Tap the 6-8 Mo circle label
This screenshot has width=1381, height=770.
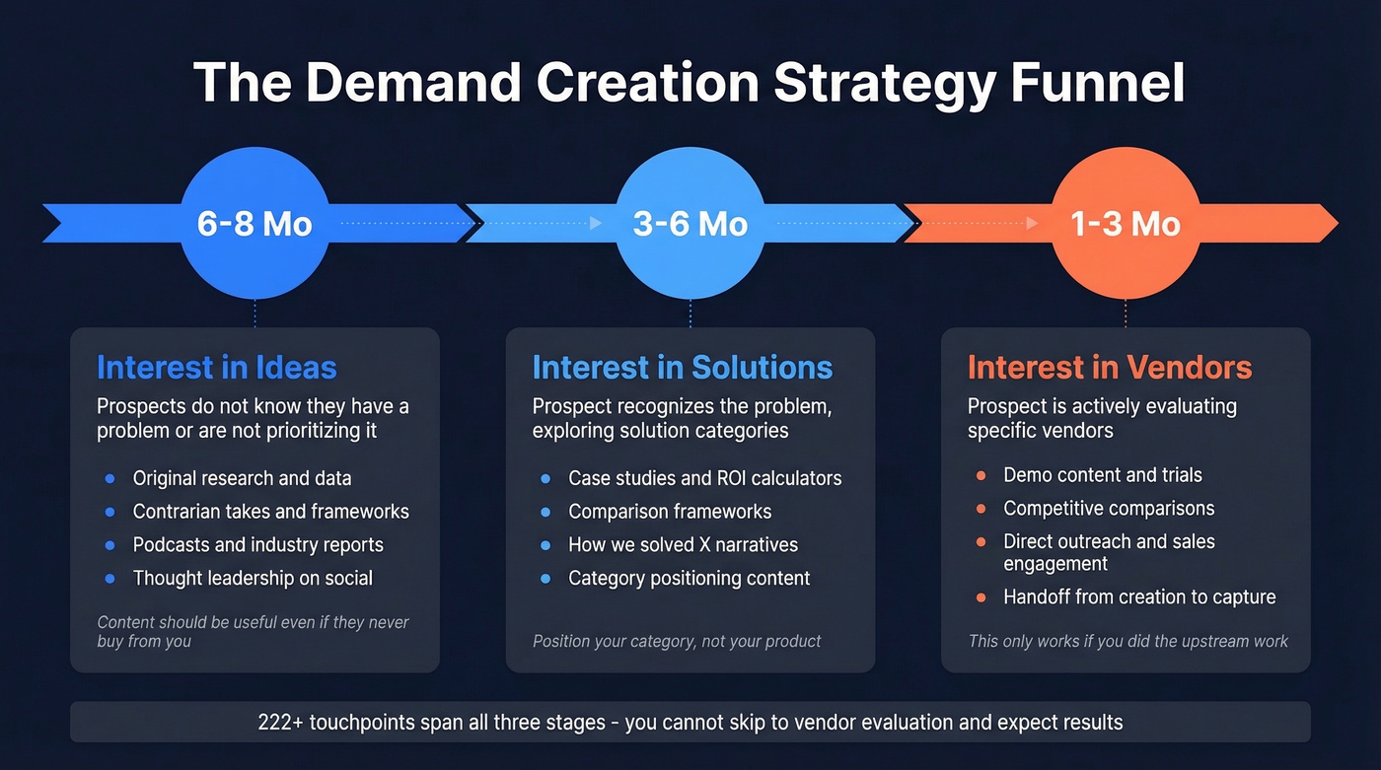point(254,224)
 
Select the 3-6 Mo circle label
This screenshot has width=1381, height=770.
point(690,224)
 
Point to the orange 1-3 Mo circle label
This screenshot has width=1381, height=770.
point(1126,224)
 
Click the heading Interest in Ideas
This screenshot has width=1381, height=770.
point(217,368)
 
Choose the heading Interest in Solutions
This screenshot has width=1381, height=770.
point(683,368)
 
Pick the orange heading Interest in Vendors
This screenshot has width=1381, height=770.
point(1110,368)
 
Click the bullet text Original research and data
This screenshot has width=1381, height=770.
point(242,478)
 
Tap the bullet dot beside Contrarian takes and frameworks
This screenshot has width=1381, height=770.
point(109,512)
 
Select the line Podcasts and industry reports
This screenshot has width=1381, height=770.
point(257,544)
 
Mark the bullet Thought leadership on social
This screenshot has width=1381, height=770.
point(253,578)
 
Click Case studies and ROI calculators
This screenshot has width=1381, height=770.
point(704,478)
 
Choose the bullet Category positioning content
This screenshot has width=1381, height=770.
point(689,578)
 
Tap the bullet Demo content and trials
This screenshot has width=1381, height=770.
point(1102,475)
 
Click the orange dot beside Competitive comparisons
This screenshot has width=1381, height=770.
point(981,509)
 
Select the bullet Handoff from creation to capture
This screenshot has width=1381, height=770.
point(1139,596)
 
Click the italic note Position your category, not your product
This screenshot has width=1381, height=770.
point(677,641)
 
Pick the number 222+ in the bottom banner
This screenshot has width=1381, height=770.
point(280,722)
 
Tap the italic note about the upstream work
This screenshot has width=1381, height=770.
point(1127,641)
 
